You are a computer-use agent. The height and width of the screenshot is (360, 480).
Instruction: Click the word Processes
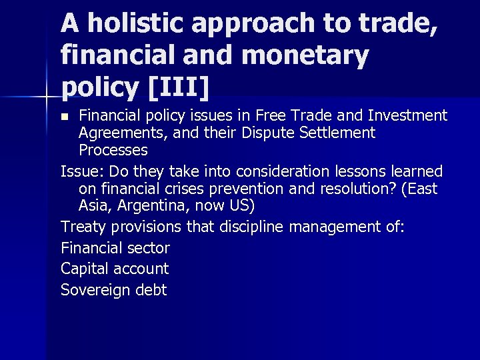113,150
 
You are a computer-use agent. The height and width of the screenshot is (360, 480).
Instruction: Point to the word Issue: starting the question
81,171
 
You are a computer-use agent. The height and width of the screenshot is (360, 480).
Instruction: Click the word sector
149,248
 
